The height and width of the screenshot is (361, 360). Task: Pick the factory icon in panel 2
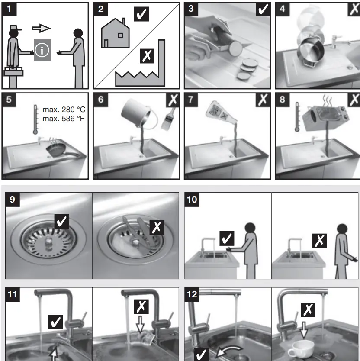coord(141,71)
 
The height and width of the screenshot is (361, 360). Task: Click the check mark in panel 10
coord(226,239)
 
